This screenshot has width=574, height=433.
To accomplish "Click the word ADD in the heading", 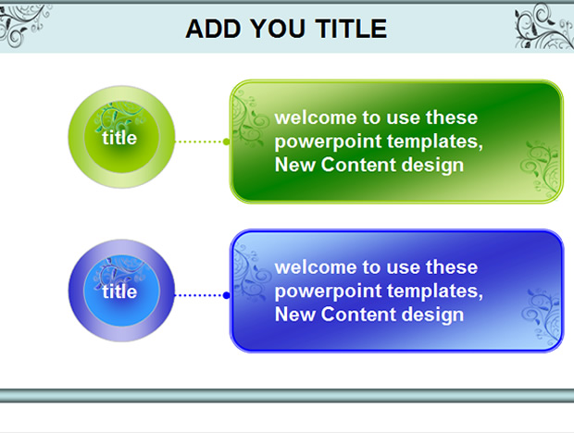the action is click(x=213, y=29).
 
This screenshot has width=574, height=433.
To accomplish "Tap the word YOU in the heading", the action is click(x=278, y=29).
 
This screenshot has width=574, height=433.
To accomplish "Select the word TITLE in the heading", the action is click(x=351, y=29).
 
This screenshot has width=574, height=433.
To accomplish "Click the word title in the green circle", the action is click(x=119, y=138).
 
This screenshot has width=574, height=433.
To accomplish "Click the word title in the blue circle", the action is click(x=119, y=291).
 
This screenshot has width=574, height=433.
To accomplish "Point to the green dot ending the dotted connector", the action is click(x=227, y=142).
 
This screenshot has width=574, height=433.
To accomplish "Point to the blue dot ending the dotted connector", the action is click(x=227, y=295).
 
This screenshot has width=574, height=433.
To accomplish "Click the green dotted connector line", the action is click(x=199, y=142).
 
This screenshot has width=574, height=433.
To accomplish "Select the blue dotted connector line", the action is click(x=199, y=295).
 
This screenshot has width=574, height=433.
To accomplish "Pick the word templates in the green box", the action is click(x=435, y=142).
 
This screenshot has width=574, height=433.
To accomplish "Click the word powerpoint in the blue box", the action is click(x=329, y=291).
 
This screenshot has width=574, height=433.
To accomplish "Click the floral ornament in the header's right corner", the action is click(x=544, y=26).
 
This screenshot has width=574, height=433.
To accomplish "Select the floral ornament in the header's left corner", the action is click(x=24, y=25).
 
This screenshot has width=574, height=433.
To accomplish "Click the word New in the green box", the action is click(x=295, y=165).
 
